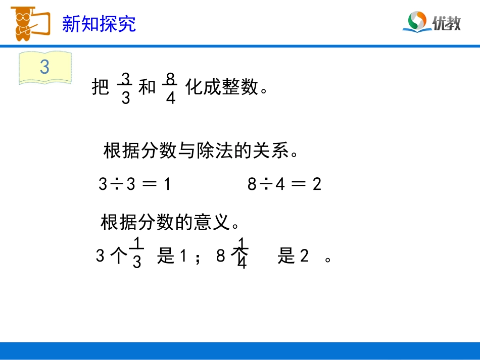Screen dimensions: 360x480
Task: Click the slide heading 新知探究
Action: pyautogui.click(x=99, y=24)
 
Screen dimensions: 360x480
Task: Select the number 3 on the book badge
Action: pyautogui.click(x=44, y=68)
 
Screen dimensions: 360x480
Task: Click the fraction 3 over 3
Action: pyautogui.click(x=126, y=88)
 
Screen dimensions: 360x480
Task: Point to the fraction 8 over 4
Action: pyautogui.click(x=170, y=88)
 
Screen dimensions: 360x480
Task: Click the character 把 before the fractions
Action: pyautogui.click(x=101, y=88)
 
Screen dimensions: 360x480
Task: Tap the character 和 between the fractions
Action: pyautogui.click(x=147, y=88)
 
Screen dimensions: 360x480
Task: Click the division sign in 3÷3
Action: pyautogui.click(x=116, y=185)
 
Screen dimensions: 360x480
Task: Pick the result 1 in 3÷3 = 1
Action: pyautogui.click(x=167, y=185)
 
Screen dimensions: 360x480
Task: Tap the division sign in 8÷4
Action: pyautogui.click(x=265, y=185)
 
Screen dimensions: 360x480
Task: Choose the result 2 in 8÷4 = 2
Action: pyautogui.click(x=317, y=185)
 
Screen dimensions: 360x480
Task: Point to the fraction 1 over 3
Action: pyautogui.click(x=136, y=253)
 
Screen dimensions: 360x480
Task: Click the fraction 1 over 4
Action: pyautogui.click(x=242, y=253)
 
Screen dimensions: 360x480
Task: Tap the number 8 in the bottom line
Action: pyautogui.click(x=220, y=257)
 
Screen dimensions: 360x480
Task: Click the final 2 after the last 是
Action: pyautogui.click(x=304, y=257)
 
